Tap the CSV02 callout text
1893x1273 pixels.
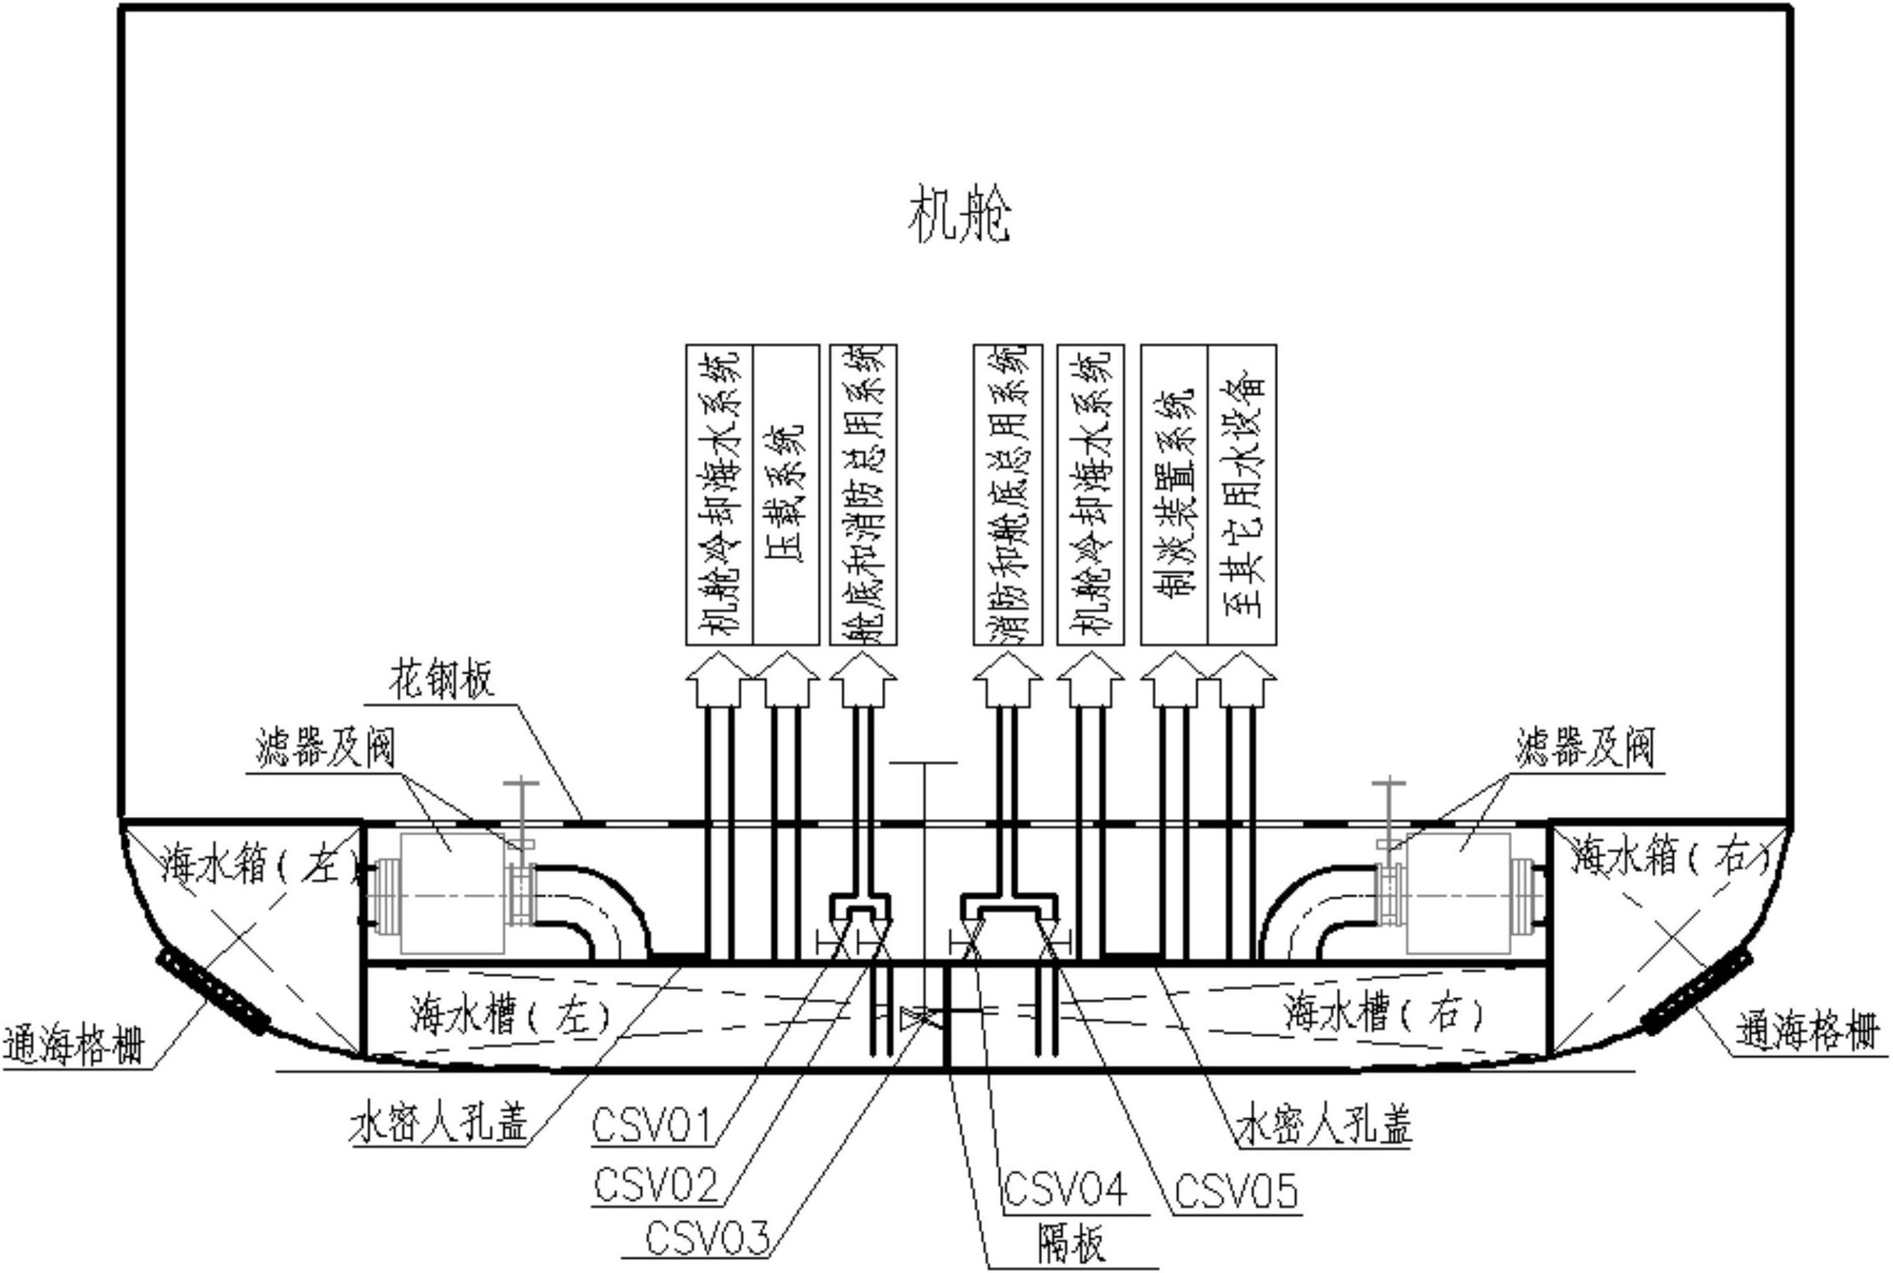[x=656, y=1185]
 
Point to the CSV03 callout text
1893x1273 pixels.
[x=707, y=1240]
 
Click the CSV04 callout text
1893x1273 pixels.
[x=1065, y=1190]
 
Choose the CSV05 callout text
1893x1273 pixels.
[x=1236, y=1191]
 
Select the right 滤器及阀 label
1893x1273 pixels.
[x=1585, y=748]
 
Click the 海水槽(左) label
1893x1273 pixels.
[x=510, y=1015]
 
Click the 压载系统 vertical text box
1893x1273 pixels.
[x=785, y=495]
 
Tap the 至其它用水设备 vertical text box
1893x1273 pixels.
[x=1242, y=495]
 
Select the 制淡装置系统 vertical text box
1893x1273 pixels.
[x=1175, y=495]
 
